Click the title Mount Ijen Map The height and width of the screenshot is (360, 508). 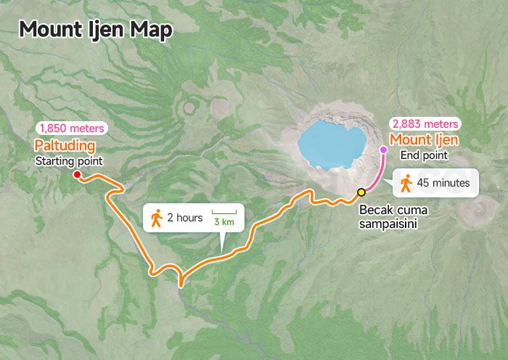pos(96,30)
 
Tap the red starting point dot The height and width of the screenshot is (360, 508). pos(77,174)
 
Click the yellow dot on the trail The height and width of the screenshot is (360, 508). pos(361,192)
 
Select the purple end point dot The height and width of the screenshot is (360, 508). pos(384,150)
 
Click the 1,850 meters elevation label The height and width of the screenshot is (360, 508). pos(72,128)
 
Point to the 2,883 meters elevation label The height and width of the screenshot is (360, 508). pos(424,123)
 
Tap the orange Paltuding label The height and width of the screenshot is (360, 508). pos(65,146)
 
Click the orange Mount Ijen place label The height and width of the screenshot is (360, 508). pos(424,139)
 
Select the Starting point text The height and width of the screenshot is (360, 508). pos(69,160)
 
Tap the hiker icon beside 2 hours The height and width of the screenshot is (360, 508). pos(155,217)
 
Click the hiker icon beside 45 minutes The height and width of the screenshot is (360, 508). pos(406,183)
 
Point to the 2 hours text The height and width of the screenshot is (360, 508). pos(184,218)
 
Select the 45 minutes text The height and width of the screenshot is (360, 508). pos(443,184)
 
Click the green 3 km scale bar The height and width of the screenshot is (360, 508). pos(224,213)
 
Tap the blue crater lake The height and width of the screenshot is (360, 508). pos(331,144)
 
